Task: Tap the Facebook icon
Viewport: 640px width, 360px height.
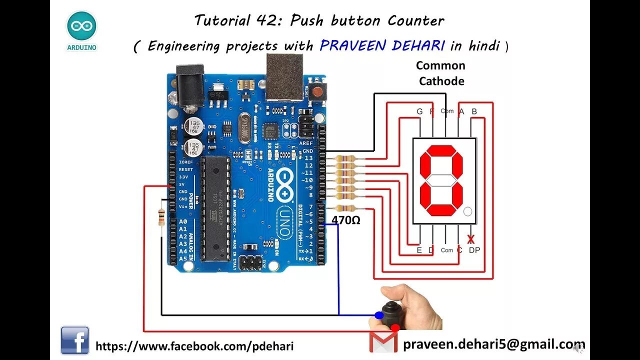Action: (x=75, y=340)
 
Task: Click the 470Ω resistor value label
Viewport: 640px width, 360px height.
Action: (x=346, y=220)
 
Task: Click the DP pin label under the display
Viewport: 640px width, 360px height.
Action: (x=474, y=250)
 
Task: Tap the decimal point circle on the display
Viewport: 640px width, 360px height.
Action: (x=467, y=211)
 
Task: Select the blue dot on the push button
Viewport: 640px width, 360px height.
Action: (x=379, y=315)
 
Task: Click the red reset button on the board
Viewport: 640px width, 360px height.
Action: (x=316, y=91)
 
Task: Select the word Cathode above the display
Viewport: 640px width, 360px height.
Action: (x=441, y=81)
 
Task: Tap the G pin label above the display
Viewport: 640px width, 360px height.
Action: (x=419, y=111)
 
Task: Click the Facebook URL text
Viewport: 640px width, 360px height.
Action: (x=194, y=346)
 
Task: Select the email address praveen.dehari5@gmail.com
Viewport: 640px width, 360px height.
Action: (x=493, y=344)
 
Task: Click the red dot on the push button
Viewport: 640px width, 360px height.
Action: (x=395, y=327)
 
